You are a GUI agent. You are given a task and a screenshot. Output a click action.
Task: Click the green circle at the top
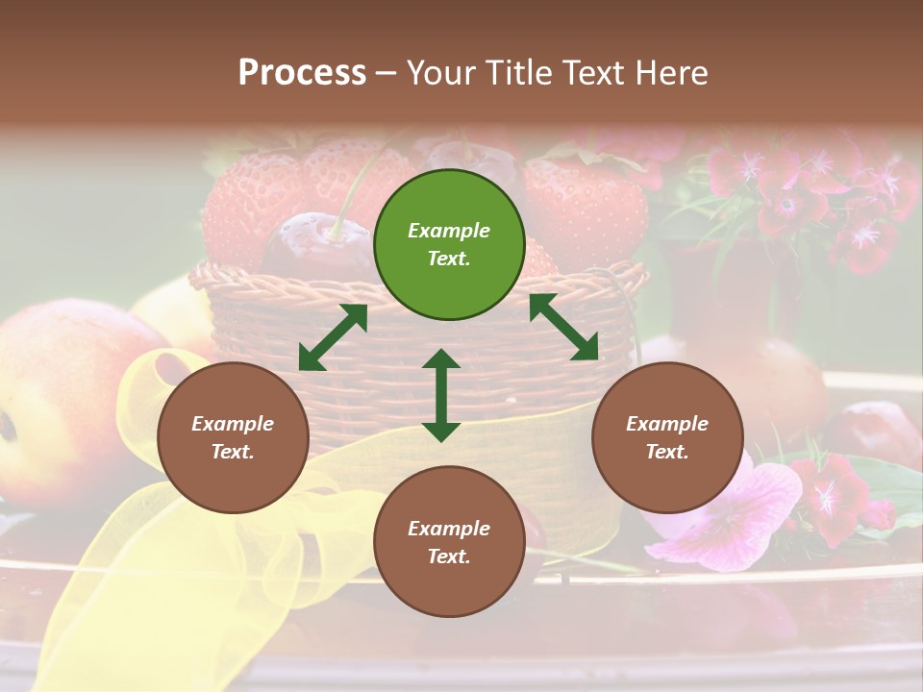pos(449,245)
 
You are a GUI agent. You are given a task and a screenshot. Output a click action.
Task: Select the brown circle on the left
pos(233,438)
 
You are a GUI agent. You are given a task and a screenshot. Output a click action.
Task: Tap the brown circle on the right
pos(667,438)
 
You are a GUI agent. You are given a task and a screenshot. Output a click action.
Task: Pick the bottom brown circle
pos(449,542)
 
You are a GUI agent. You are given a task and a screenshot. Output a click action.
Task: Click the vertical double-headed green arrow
pos(441,395)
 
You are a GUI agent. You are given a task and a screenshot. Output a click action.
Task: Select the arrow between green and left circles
pos(333,337)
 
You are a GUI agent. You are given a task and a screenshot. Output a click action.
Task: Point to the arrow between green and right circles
pos(563,327)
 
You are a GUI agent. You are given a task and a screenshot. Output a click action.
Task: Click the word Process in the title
pos(302,72)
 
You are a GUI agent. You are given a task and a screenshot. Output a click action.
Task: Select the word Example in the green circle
pos(449,231)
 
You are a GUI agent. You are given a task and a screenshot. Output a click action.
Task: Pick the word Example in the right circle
pos(667,424)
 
